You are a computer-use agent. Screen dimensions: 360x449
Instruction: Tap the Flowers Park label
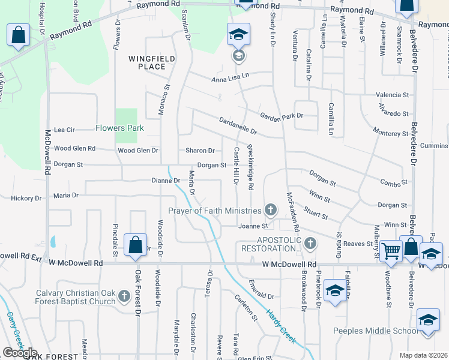pos(119,128)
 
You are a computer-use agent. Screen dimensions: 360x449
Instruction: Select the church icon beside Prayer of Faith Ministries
pos(271,210)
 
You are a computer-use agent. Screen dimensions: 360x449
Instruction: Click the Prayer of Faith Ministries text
pos(214,211)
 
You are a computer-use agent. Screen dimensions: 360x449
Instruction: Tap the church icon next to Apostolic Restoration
pos(310,243)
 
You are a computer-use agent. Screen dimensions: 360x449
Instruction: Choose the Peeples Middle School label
pos(376,331)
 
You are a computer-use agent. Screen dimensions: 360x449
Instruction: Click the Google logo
pos(20,352)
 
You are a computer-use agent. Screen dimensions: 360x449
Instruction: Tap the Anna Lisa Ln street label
pos(229,79)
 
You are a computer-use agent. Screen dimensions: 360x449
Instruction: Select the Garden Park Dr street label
pos(281,116)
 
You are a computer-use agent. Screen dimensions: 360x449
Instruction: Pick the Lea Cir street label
pos(64,130)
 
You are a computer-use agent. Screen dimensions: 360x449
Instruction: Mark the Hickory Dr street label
pos(26,198)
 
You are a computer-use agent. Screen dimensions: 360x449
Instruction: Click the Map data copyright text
pos(423,355)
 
